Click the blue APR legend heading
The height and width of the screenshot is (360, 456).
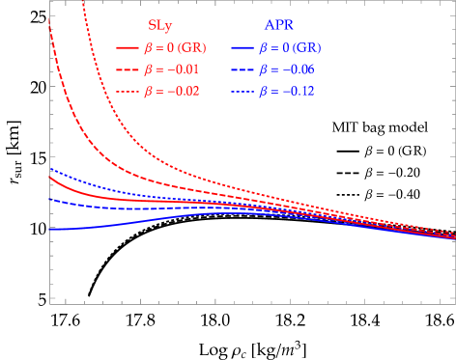tap(278, 26)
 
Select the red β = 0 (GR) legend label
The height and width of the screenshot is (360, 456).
tap(176, 47)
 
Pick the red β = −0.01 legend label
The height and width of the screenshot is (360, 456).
tap(171, 69)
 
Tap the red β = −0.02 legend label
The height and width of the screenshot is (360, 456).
tap(171, 92)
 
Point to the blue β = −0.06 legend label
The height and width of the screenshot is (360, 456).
tap(286, 69)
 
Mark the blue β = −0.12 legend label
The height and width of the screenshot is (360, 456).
tap(286, 92)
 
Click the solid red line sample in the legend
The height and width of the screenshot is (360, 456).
tap(127, 47)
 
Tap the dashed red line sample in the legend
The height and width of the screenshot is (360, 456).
tap(127, 69)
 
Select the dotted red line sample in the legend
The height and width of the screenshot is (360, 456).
tap(127, 92)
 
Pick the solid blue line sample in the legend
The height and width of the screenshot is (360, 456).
tap(242, 47)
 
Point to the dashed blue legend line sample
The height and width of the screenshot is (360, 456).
tap(242, 69)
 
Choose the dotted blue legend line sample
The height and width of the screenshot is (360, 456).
tap(242, 92)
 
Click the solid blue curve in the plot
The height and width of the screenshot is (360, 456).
tap(97, 227)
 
